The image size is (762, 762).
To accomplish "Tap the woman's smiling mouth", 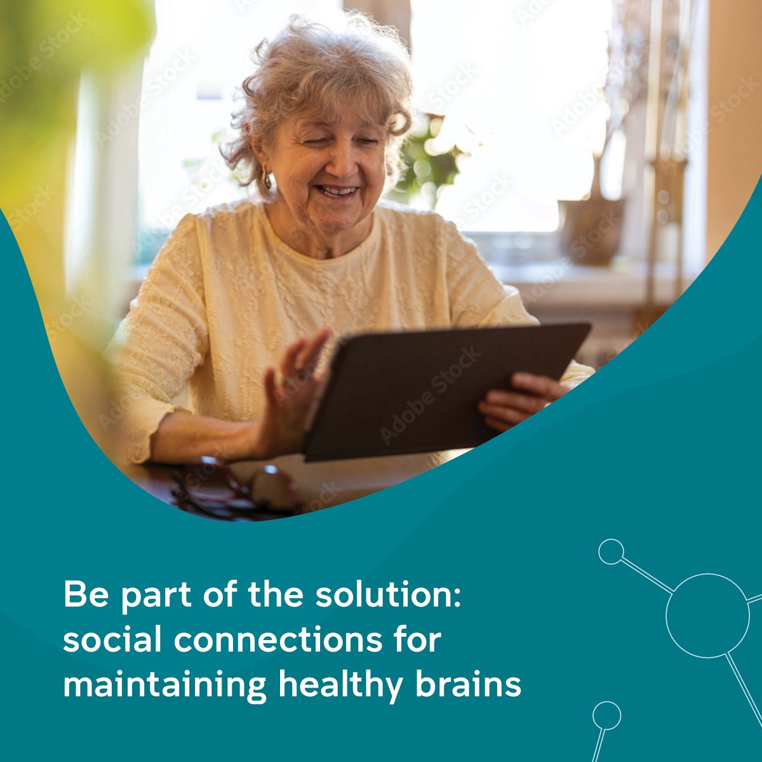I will pyautogui.click(x=337, y=190).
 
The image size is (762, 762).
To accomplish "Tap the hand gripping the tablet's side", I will pyautogui.click(x=518, y=400).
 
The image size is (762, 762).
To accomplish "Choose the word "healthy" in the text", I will pyautogui.click(x=340, y=686).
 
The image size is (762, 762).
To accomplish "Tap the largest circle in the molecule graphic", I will pyautogui.click(x=707, y=615).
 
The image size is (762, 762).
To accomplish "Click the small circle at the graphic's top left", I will pyautogui.click(x=611, y=552).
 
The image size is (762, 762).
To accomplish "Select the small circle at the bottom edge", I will pyautogui.click(x=606, y=715).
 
